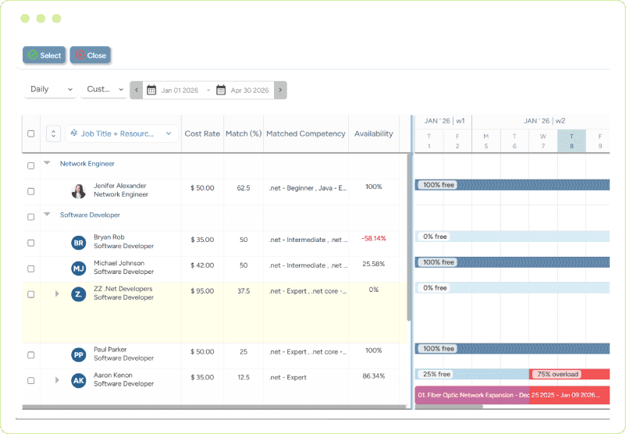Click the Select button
pos(44,55)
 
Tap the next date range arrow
pos(280,91)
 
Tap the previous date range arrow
pos(137,91)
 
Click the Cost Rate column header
pos(202,133)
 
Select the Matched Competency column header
pos(305,133)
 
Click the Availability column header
pos(373,133)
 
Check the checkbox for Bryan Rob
pos(31,243)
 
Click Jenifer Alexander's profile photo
pos(79,191)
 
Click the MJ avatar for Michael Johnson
pos(79,269)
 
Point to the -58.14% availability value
pos(373,238)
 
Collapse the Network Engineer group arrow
pos(47,163)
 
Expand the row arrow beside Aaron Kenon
pos(57,380)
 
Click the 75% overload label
pos(557,374)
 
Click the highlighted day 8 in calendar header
pos(571,141)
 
